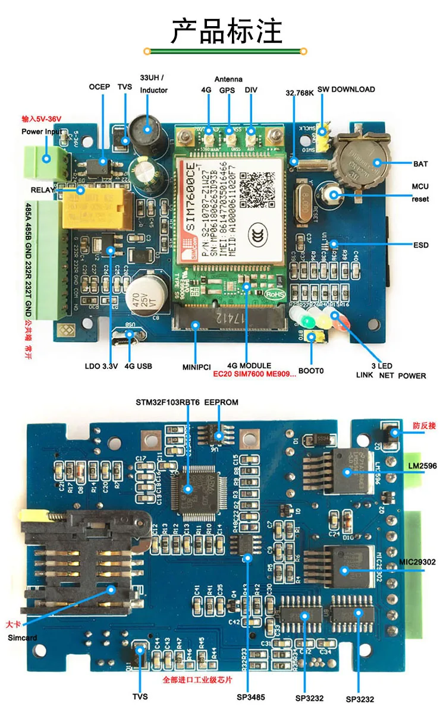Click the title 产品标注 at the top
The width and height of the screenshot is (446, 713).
tap(227, 31)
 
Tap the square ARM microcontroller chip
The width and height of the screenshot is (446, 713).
tap(189, 488)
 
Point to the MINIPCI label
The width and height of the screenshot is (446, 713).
tap(197, 365)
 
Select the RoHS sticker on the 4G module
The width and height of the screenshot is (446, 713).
tap(276, 293)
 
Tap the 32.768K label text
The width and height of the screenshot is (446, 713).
tap(299, 93)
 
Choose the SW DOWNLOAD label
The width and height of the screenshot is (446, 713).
tap(346, 89)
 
